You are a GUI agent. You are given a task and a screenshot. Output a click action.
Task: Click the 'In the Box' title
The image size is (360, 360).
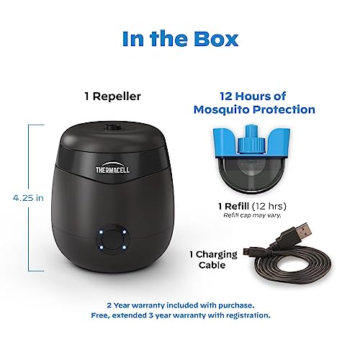(179, 38)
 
